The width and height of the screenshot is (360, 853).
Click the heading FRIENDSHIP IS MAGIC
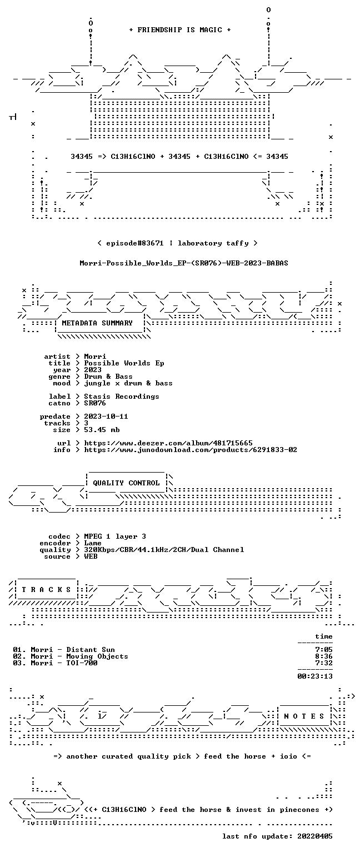tap(180, 29)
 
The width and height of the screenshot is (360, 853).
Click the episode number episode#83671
tap(135, 243)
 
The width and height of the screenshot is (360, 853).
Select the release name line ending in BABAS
tap(184, 263)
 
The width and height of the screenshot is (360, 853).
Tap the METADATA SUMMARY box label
tap(97, 323)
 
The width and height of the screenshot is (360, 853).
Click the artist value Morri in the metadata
tap(95, 357)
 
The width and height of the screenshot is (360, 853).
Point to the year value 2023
tap(93, 370)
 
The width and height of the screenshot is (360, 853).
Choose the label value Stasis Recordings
tap(122, 397)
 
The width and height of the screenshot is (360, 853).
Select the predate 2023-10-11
tap(106, 416)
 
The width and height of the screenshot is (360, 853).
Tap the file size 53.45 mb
tap(102, 429)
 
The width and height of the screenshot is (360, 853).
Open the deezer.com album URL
tap(168, 443)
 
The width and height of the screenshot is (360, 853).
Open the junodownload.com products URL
tap(191, 450)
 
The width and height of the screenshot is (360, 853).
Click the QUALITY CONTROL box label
tap(126, 483)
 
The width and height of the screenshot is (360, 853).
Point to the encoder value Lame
tap(93, 543)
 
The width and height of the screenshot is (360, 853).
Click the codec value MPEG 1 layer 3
tap(115, 536)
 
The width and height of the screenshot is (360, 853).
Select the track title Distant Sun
tap(91, 650)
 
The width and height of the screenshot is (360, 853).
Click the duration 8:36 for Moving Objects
tap(324, 656)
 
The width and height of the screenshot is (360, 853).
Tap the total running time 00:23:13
tap(315, 676)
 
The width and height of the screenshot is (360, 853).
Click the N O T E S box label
tap(304, 716)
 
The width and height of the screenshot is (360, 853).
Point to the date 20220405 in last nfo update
tap(315, 836)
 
